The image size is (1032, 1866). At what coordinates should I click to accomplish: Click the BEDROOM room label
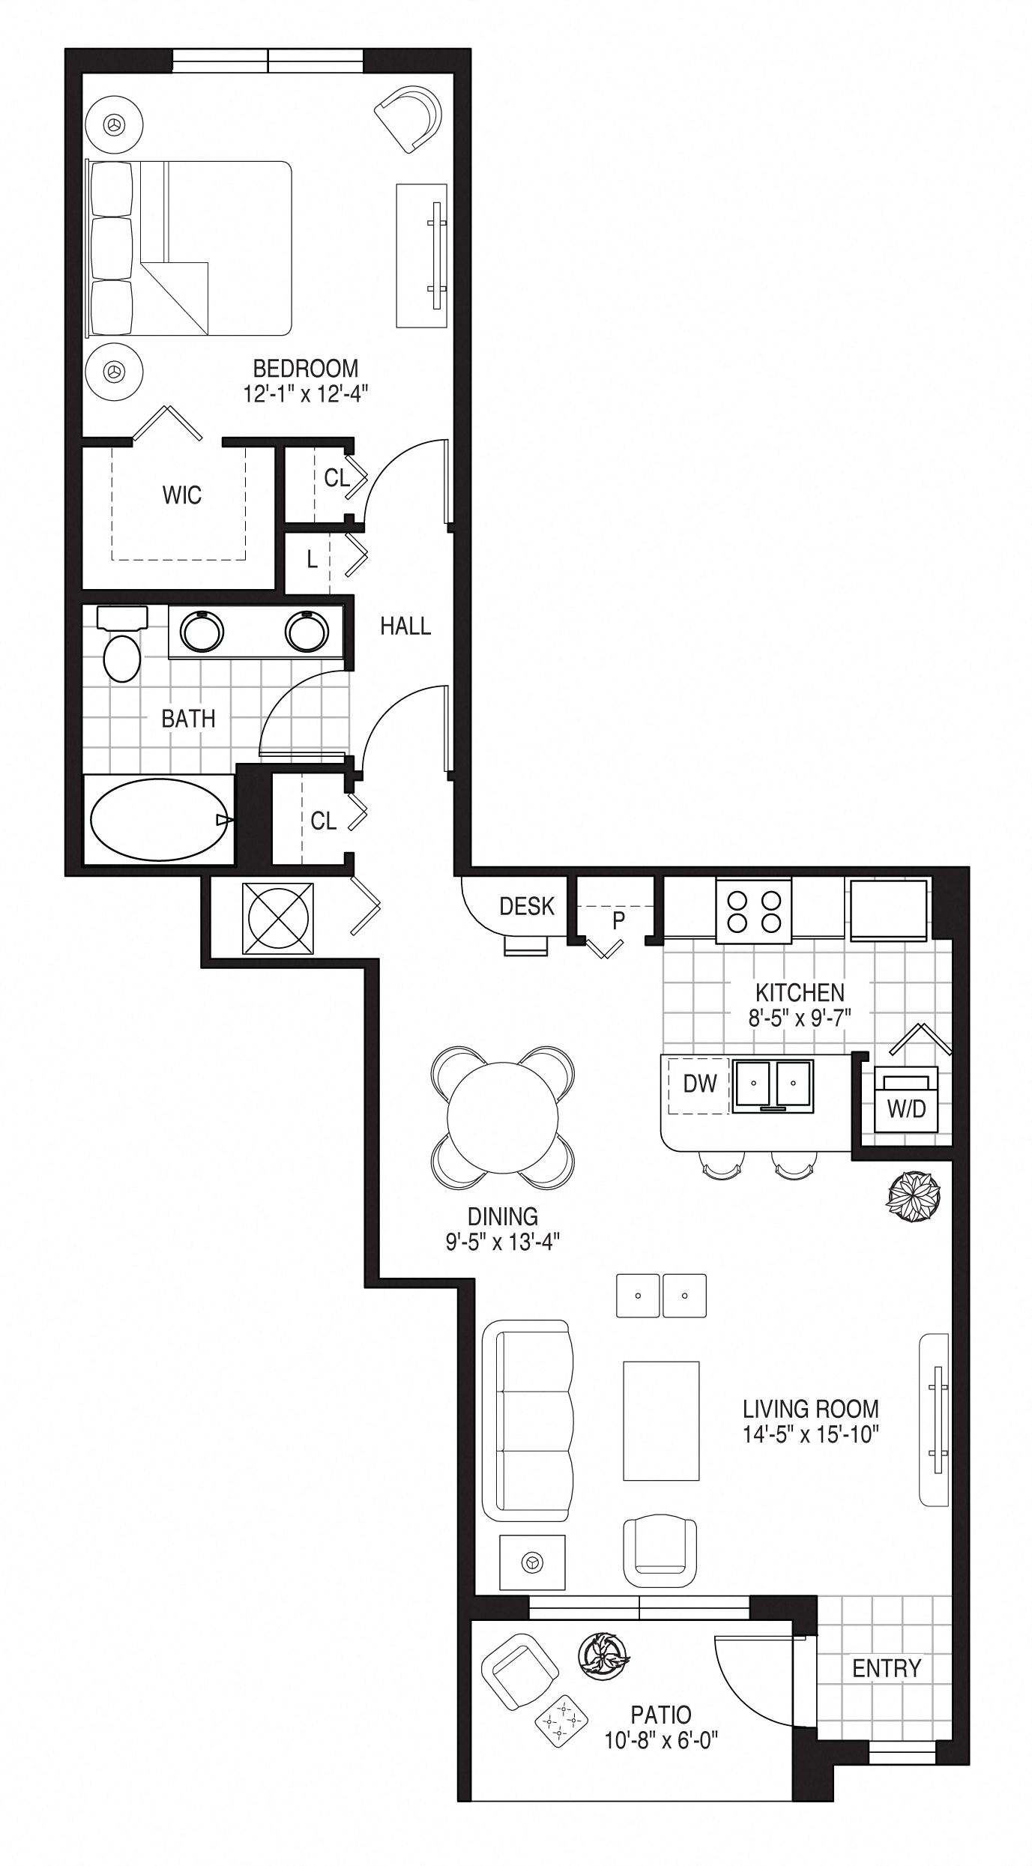point(306,368)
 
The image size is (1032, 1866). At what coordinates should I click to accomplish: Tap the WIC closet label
point(182,495)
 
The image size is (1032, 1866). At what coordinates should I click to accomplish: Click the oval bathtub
point(160,820)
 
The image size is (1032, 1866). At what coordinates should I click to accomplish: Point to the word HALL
point(405,626)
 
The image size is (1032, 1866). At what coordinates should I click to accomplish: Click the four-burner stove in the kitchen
point(754,911)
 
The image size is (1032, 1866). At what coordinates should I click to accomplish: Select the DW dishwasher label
point(700,1083)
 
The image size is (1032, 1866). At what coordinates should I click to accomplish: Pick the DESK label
point(527,906)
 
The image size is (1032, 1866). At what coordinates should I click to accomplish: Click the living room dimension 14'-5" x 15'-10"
point(811,1434)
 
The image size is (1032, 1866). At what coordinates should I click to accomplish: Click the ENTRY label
point(887,1668)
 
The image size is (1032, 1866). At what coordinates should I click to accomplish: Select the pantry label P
point(618,920)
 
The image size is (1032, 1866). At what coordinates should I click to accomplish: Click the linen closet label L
point(313,559)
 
